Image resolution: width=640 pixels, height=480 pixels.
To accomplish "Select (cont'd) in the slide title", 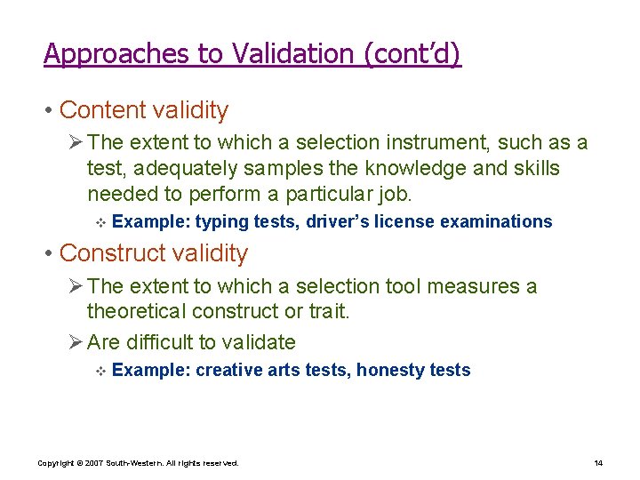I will pyautogui.click(x=412, y=54).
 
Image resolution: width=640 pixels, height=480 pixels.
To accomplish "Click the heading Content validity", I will pyautogui.click(x=143, y=110).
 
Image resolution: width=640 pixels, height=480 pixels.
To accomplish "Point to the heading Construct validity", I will pyautogui.click(x=154, y=253).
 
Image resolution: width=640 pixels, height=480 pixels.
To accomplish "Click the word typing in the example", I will pyautogui.click(x=222, y=221).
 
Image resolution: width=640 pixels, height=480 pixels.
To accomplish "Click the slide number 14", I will pyautogui.click(x=598, y=463).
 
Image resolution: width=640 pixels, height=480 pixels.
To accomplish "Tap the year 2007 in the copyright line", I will pyautogui.click(x=94, y=463).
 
